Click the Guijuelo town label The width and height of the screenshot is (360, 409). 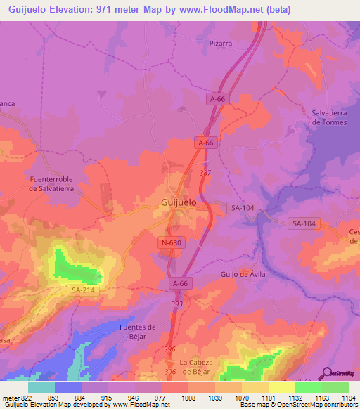pyautogui.click(x=174, y=202)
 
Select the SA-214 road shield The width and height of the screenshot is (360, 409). pyautogui.click(x=83, y=290)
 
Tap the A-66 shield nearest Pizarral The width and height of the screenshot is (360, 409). pyautogui.click(x=217, y=100)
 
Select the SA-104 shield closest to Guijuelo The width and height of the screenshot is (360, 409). pyautogui.click(x=242, y=208)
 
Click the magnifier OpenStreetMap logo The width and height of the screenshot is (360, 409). pyautogui.click(x=326, y=374)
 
